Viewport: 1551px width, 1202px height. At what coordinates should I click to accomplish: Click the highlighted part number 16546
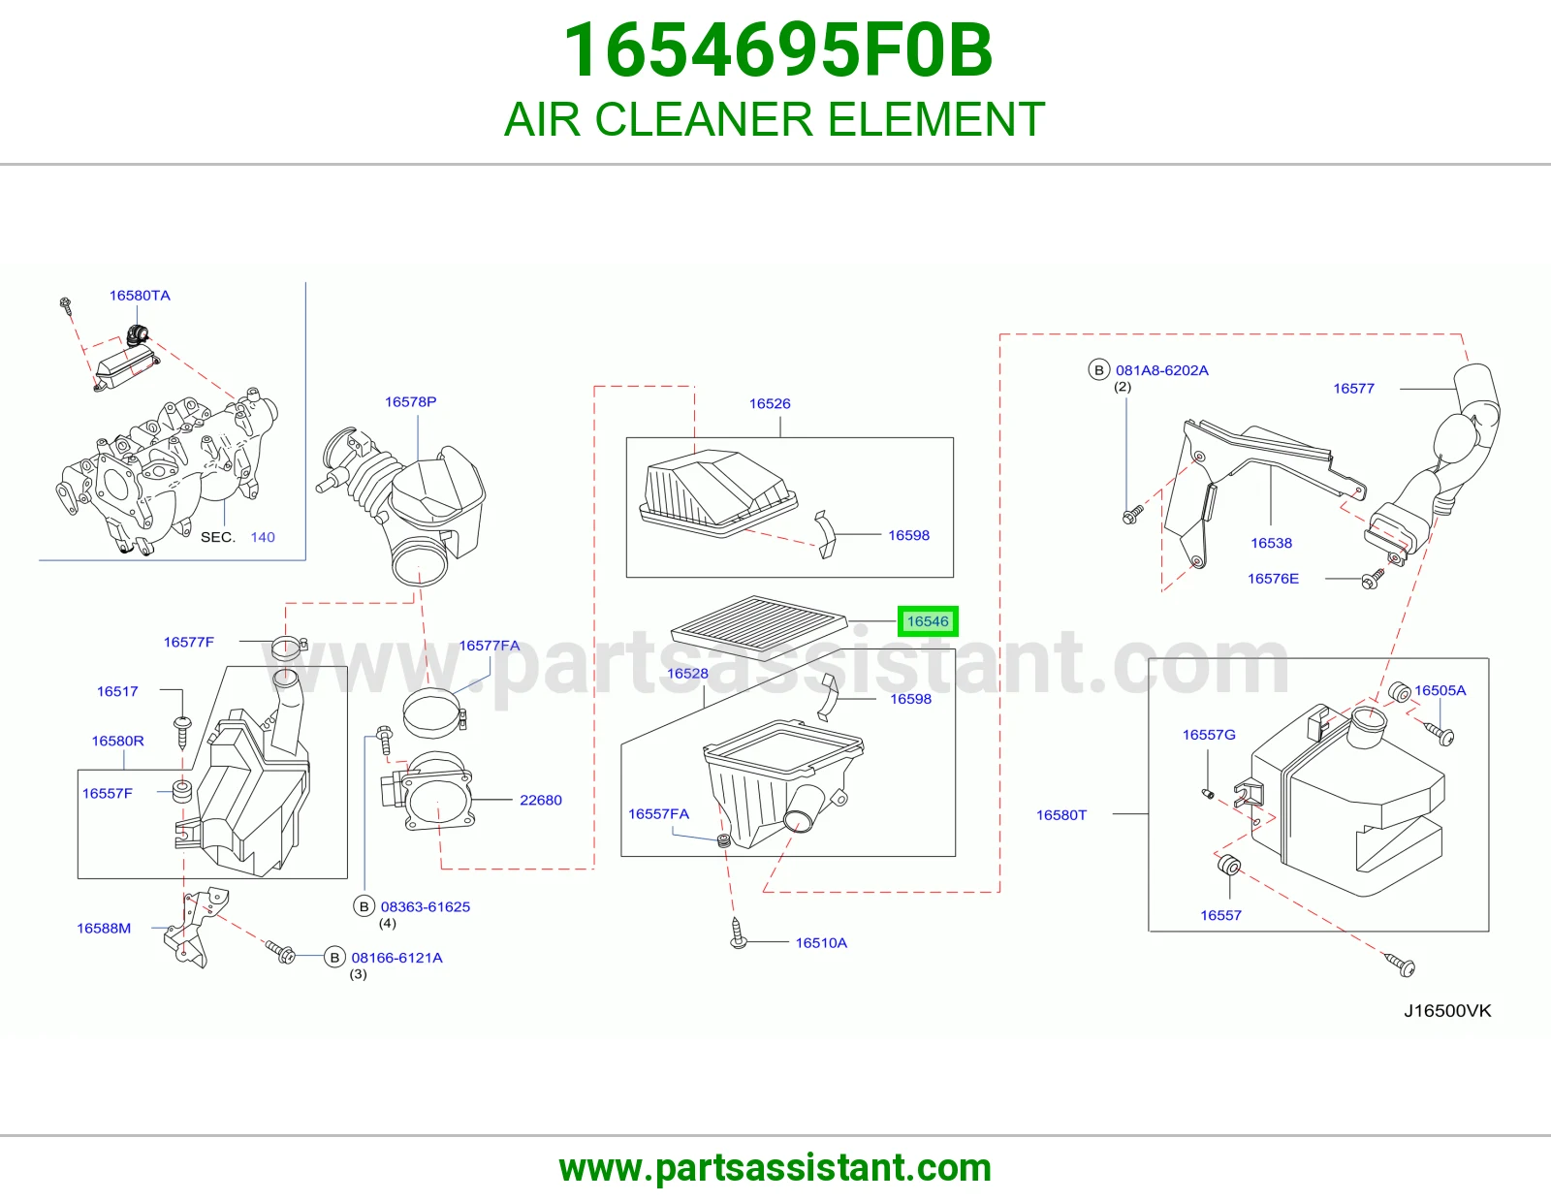pos(927,621)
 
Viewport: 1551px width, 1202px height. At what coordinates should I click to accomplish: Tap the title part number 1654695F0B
pos(777,50)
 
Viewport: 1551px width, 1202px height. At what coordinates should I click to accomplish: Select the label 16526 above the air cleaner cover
pos(770,403)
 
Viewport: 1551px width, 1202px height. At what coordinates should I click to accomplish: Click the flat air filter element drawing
pos(759,627)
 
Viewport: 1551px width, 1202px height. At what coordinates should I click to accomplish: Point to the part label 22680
pos(540,800)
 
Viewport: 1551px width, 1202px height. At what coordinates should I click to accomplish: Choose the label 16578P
pos(410,402)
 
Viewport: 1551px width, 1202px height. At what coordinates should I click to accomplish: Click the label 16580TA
pos(140,296)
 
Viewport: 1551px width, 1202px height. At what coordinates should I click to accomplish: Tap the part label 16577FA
pos(489,646)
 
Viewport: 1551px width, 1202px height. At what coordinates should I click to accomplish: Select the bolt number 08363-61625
pos(426,906)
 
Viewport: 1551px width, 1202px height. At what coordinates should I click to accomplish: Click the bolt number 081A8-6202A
pos(1162,369)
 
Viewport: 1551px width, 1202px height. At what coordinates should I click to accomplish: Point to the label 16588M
pos(105,928)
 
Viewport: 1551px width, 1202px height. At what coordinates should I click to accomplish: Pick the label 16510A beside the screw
pos(821,943)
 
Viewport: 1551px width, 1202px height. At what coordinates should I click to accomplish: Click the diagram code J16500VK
pos(1447,1011)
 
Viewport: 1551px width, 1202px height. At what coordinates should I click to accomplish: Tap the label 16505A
pos(1440,690)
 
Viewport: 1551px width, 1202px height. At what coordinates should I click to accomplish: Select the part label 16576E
pos(1273,578)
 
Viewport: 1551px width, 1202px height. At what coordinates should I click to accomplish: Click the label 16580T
pos(1061,815)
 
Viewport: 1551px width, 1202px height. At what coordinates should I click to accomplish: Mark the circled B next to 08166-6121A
pos(334,957)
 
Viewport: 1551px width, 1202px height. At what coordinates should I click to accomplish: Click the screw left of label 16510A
pos(738,933)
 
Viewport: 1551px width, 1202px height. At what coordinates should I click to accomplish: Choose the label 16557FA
pos(658,813)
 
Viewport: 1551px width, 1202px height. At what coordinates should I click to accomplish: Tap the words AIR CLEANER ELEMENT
pos(775,119)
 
